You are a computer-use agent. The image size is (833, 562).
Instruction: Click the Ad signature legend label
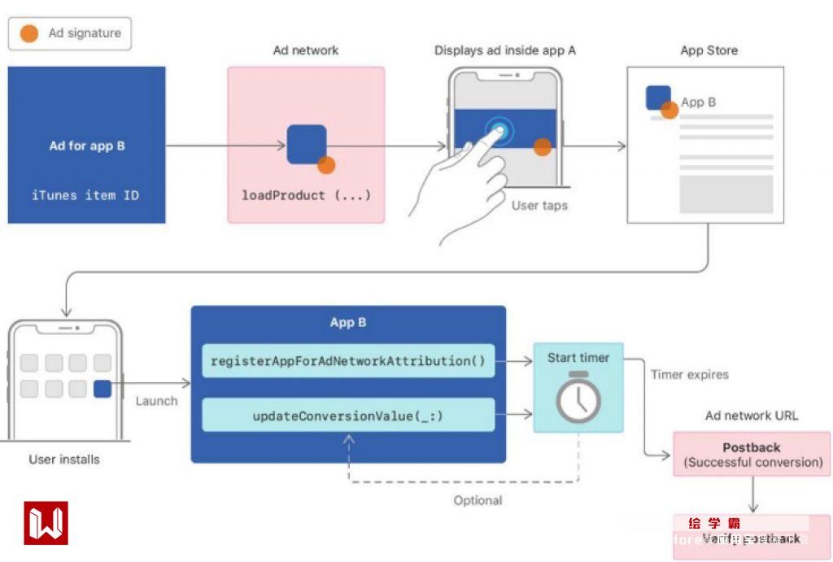pyautogui.click(x=84, y=33)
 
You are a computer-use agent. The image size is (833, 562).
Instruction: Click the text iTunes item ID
pyautogui.click(x=85, y=195)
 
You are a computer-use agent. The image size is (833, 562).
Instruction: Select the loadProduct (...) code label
pyautogui.click(x=306, y=195)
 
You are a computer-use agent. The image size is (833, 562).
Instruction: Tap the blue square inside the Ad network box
pyautogui.click(x=307, y=145)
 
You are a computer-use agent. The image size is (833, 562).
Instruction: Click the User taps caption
pyautogui.click(x=539, y=206)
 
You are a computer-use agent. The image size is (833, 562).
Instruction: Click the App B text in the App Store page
pyautogui.click(x=699, y=102)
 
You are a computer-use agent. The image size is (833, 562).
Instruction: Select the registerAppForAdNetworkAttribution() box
pyautogui.click(x=348, y=361)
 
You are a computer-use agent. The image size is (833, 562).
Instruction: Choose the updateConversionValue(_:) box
pyautogui.click(x=348, y=416)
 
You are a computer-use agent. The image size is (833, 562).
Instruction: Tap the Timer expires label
pyautogui.click(x=690, y=375)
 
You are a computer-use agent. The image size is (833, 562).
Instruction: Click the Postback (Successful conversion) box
pyautogui.click(x=752, y=455)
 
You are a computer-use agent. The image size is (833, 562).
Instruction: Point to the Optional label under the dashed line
pyautogui.click(x=478, y=500)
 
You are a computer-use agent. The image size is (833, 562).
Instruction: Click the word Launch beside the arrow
pyautogui.click(x=156, y=401)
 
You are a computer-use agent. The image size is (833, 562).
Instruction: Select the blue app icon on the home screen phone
pyautogui.click(x=102, y=389)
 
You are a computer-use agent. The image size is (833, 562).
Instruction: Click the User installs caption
pyautogui.click(x=64, y=460)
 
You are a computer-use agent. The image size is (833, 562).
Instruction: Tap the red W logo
pyautogui.click(x=46, y=523)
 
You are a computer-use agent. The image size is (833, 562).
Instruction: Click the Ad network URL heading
pyautogui.click(x=752, y=416)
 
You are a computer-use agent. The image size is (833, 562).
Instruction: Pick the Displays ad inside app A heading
pyautogui.click(x=505, y=50)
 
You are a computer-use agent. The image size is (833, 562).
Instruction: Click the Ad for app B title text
pyautogui.click(x=87, y=146)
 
